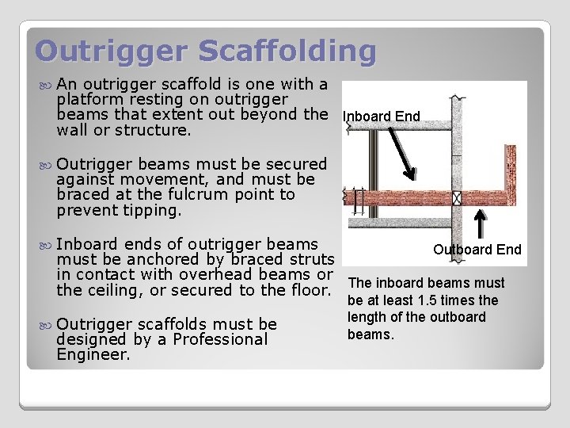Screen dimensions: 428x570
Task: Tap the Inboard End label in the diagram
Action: click(x=382, y=117)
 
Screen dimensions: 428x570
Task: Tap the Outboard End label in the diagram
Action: click(x=477, y=250)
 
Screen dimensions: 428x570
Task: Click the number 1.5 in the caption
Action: click(x=446, y=300)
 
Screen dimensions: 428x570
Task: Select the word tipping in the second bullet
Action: click(x=154, y=211)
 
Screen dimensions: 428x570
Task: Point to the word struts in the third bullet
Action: click(x=312, y=259)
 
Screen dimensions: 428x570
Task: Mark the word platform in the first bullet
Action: click(x=92, y=99)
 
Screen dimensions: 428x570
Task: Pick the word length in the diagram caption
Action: click(x=367, y=318)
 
